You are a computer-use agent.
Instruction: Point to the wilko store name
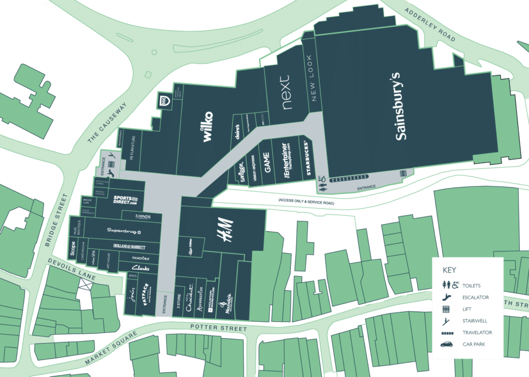click(x=208, y=127)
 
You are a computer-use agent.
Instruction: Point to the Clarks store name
click(x=141, y=268)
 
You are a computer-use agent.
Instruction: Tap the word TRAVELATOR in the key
click(x=477, y=333)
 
